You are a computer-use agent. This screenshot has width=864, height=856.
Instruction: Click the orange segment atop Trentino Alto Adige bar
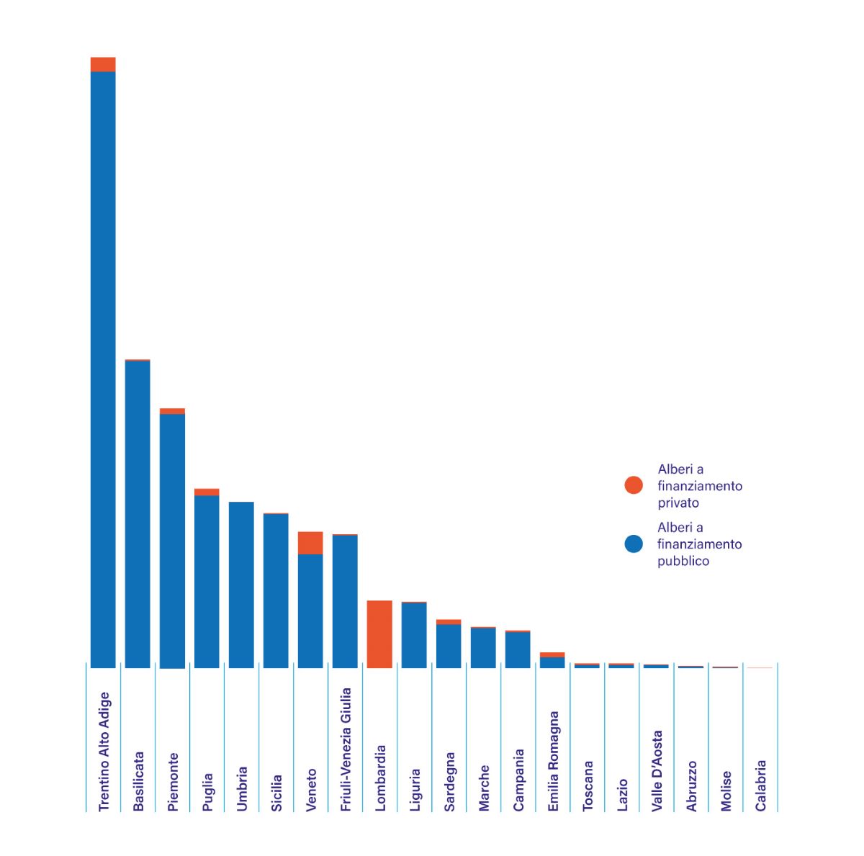[x=103, y=64]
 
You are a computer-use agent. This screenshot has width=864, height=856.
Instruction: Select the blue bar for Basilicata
[x=138, y=514]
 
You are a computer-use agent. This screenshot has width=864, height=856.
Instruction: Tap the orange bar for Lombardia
[x=379, y=634]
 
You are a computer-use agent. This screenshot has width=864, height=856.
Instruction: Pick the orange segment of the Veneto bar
[x=310, y=543]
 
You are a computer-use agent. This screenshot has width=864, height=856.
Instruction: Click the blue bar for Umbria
[x=241, y=585]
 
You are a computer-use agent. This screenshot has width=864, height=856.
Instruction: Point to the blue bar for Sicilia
[x=276, y=590]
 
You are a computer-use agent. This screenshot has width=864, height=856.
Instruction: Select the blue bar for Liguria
[x=414, y=635]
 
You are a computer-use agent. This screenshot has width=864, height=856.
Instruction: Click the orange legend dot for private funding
[x=634, y=485]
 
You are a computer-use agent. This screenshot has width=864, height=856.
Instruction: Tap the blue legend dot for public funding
[x=634, y=544]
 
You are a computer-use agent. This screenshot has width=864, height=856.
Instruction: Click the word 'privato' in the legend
[x=678, y=503]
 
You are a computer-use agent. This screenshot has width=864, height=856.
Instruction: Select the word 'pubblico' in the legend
[x=683, y=562]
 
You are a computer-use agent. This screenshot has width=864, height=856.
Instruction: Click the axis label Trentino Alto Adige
[x=104, y=751]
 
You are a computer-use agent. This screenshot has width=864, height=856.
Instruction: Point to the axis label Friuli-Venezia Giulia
[x=346, y=749]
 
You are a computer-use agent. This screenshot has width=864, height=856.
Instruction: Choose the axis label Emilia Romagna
[x=553, y=762]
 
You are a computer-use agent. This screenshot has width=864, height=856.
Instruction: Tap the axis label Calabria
[x=760, y=785]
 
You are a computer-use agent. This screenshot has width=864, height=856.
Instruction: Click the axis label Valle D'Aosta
[x=657, y=771]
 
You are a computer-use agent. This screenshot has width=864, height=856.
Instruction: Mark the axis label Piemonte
[x=173, y=782]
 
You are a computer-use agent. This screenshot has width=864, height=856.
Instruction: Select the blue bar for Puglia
[x=207, y=582]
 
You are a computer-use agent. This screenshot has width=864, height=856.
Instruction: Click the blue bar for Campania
[x=518, y=649]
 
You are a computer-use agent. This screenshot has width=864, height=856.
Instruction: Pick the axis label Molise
[x=726, y=790]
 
